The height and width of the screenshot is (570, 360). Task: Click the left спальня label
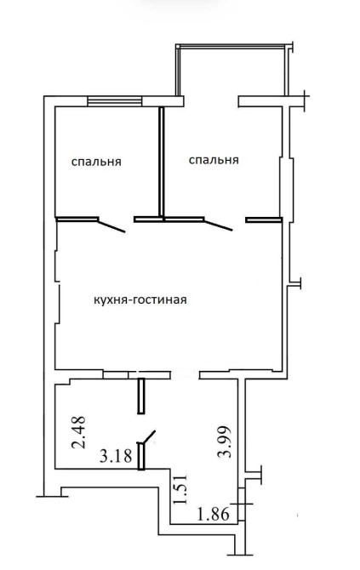tap(96, 162)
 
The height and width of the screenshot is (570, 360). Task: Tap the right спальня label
tap(214, 160)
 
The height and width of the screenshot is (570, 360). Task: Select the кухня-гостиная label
tap(140, 300)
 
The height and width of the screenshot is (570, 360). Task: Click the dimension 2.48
tap(79, 432)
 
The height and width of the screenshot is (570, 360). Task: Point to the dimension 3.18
tap(116, 455)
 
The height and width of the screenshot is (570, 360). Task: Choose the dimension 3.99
tap(224, 442)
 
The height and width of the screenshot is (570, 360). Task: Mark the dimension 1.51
tap(180, 488)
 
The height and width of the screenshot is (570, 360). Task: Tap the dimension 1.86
tap(214, 514)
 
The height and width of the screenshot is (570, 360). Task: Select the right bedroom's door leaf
tap(218, 225)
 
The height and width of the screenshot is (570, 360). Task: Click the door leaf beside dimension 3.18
tap(150, 437)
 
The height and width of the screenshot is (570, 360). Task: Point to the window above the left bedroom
tap(115, 100)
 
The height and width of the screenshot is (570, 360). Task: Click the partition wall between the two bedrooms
tap(162, 162)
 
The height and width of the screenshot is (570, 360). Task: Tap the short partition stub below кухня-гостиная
tap(141, 396)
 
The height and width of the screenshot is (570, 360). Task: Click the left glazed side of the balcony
tap(178, 70)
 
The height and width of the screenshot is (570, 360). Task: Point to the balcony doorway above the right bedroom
tap(211, 101)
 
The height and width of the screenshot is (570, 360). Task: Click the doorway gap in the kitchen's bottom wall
tap(185, 375)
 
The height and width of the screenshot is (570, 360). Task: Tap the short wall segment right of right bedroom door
tap(264, 219)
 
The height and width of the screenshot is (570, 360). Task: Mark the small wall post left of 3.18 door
tap(141, 456)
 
